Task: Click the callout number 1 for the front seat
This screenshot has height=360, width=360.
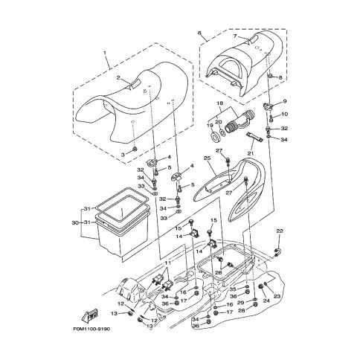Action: pos(106,54)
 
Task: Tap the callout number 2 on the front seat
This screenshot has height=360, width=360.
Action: pos(117,77)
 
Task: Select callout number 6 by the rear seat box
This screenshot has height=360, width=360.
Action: pos(199,33)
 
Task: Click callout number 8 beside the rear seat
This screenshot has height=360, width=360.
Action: pos(280,77)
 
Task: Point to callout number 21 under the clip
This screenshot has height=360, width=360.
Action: pos(251,154)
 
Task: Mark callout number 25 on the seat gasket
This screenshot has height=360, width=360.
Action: pos(206,158)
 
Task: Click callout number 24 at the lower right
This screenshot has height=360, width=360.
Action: pos(266,300)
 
